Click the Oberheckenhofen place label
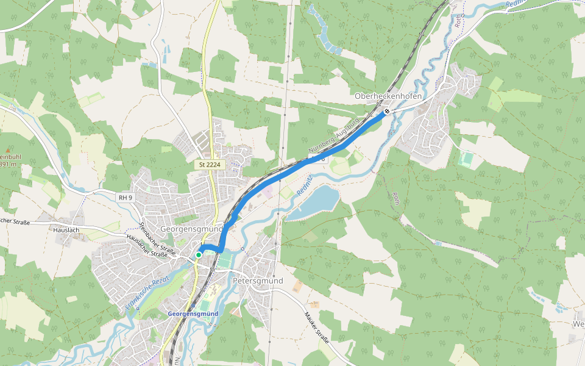(x=388, y=97)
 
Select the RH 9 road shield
(x=126, y=197)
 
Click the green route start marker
(x=199, y=254)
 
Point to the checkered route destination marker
(x=386, y=111)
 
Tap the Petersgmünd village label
(x=258, y=281)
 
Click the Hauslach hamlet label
(x=66, y=231)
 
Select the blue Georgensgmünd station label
(x=193, y=314)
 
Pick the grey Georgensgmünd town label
(x=188, y=229)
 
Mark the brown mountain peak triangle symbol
(x=8, y=149)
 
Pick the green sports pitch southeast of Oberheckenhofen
(x=466, y=159)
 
